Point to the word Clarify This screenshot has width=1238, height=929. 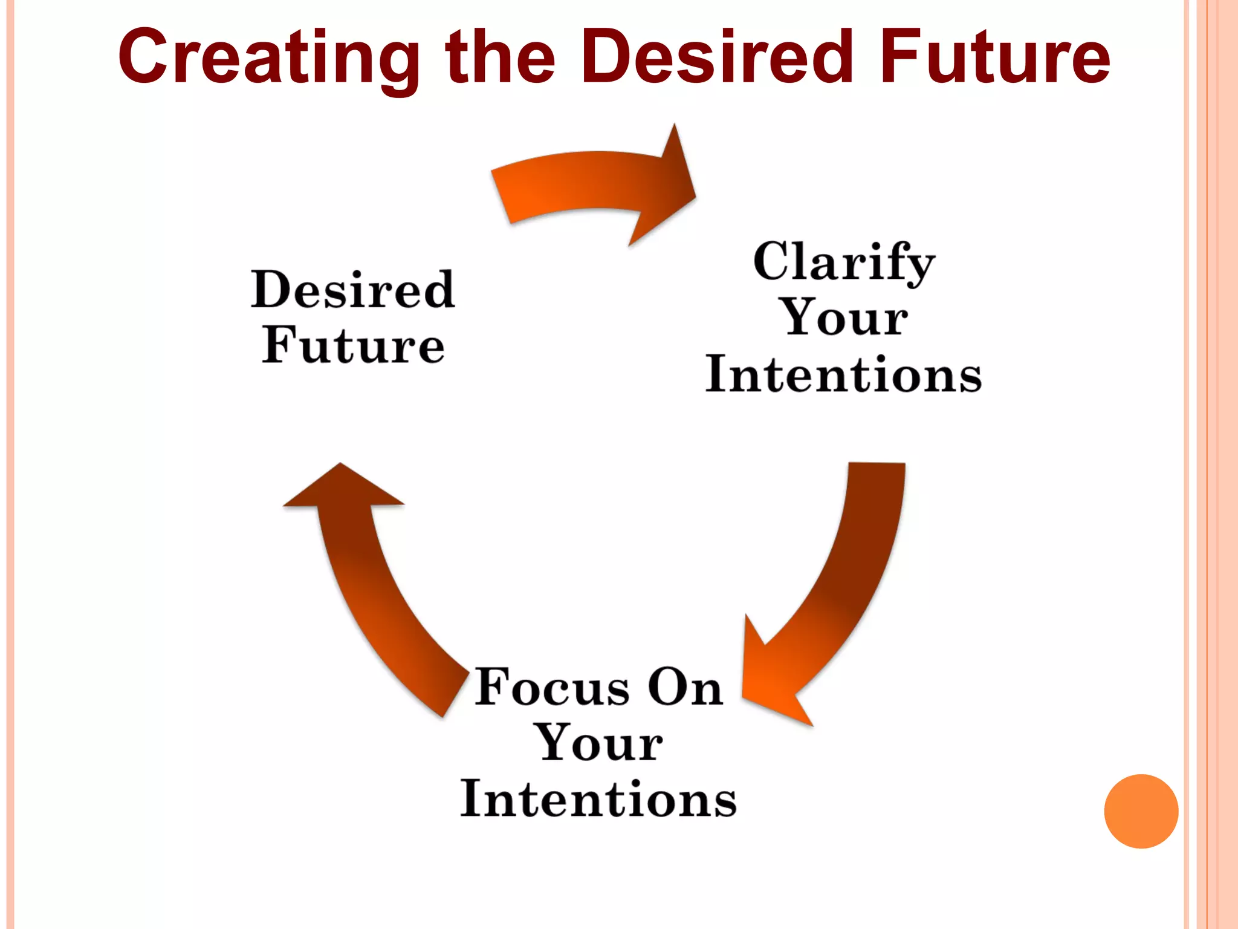coord(844,262)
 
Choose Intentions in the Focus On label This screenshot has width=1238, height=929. coord(599,798)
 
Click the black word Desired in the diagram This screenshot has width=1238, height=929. coord(353,290)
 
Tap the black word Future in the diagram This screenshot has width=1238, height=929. coord(353,345)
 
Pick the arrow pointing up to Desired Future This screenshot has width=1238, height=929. coord(375,593)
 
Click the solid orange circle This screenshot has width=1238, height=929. coord(1141,811)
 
